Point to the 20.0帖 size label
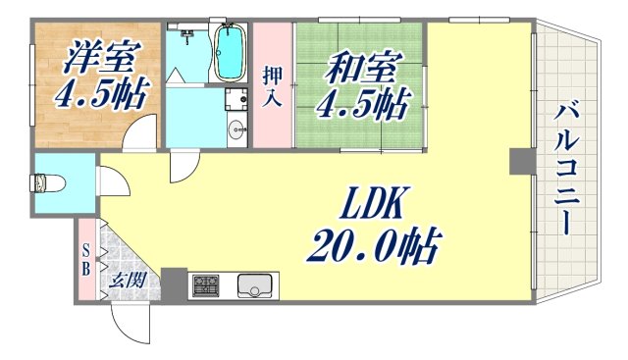374,240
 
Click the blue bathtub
230,52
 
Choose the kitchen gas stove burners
207,286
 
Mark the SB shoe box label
86,257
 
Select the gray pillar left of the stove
174,283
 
